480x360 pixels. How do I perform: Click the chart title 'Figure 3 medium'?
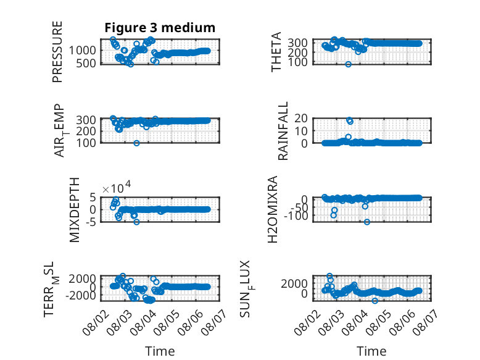click(x=160, y=28)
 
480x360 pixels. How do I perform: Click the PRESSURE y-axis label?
click(x=57, y=52)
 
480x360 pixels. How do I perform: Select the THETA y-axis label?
click(x=276, y=52)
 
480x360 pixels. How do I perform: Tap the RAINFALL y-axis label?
click(x=283, y=131)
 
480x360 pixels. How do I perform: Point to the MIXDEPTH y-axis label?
click(x=75, y=210)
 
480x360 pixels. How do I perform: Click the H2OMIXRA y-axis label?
click(x=273, y=209)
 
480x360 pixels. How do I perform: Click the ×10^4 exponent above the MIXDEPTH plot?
click(x=117, y=187)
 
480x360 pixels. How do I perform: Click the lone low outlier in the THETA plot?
click(x=348, y=64)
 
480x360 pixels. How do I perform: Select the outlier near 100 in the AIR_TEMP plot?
click(x=136, y=143)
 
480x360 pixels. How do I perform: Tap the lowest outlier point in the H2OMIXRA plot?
click(x=366, y=222)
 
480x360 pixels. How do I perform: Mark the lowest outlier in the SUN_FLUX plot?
click(x=374, y=301)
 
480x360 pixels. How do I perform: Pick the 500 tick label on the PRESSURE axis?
click(x=86, y=63)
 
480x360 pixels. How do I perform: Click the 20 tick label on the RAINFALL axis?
click(x=301, y=119)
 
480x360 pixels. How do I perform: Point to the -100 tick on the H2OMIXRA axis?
click(x=296, y=216)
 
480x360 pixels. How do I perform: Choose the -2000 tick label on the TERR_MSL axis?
click(x=81, y=296)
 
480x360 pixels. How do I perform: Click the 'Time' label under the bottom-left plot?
click(x=160, y=351)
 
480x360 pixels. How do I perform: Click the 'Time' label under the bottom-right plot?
click(x=371, y=351)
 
